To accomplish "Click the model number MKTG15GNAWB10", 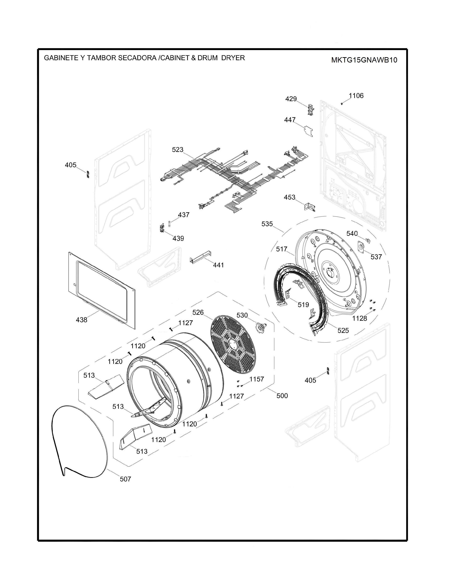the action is click(364, 60).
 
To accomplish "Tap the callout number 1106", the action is click(356, 96).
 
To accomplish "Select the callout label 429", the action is click(291, 99).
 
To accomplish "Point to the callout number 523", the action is click(178, 150).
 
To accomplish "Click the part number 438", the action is click(82, 320).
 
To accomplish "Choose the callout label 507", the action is click(125, 479).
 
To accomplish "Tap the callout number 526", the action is click(198, 313).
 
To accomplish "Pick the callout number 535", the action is click(267, 224).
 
